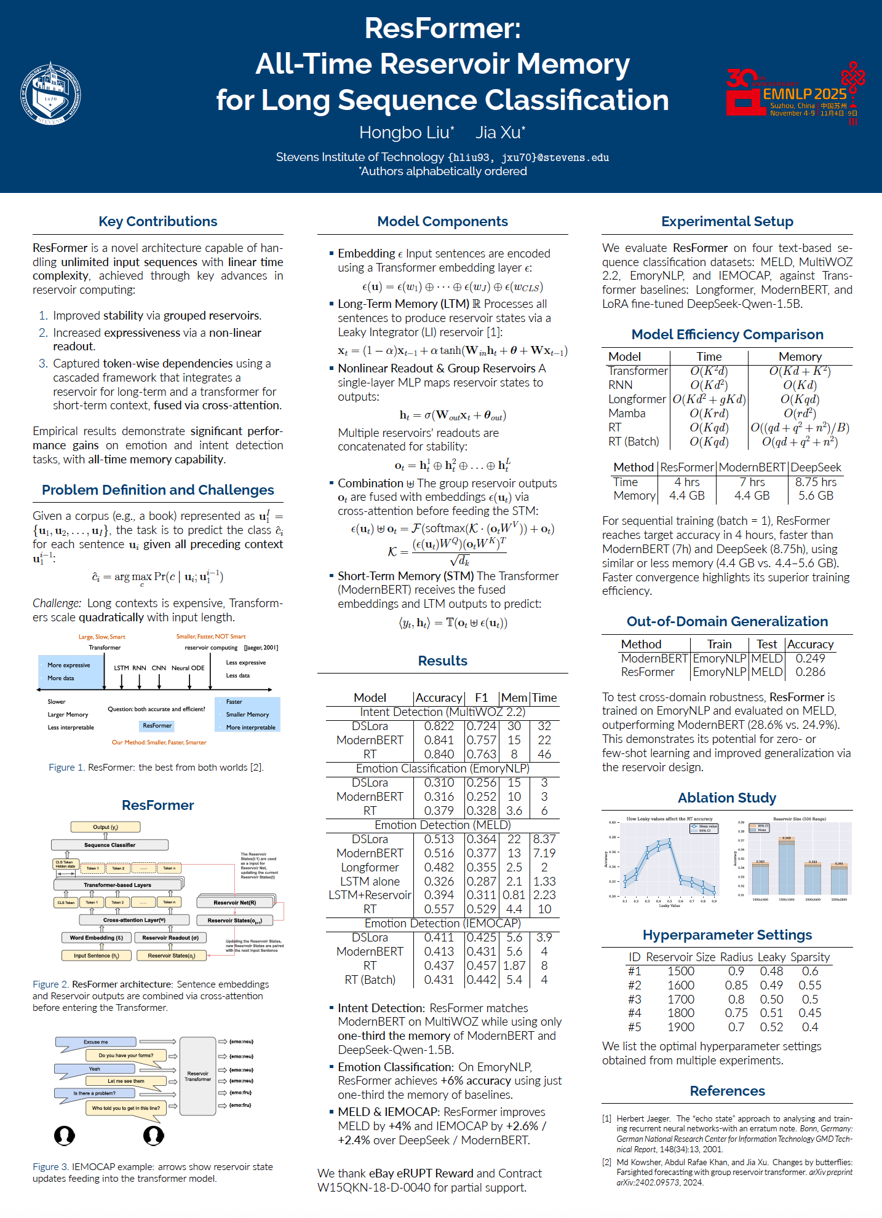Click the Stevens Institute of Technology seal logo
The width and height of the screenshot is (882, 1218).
[x=50, y=93]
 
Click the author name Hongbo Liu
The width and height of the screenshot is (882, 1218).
[x=406, y=132]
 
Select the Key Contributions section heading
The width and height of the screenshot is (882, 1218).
[x=158, y=221]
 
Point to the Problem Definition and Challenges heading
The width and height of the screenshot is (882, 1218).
[x=158, y=490]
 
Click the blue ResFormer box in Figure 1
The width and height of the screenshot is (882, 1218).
[x=157, y=726]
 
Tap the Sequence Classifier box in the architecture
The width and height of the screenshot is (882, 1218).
[x=109, y=845]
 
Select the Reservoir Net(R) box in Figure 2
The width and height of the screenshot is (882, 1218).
[x=235, y=902]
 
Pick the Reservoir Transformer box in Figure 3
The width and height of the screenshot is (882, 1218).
[x=197, y=1077]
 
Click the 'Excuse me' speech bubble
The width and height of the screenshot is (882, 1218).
[x=96, y=1042]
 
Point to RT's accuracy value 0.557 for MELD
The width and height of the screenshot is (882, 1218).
[x=439, y=909]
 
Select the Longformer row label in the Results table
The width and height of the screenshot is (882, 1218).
[x=370, y=867]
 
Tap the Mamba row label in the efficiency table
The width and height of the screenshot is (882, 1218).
[x=627, y=413]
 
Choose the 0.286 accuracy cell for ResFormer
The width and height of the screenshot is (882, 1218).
[x=810, y=672]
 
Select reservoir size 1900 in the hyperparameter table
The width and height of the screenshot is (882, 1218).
[x=681, y=1027]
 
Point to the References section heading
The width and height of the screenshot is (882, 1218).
[x=727, y=1091]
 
